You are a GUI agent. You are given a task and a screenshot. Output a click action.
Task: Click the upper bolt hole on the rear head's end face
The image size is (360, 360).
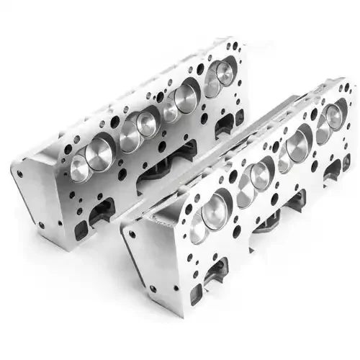(x=22, y=174)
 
